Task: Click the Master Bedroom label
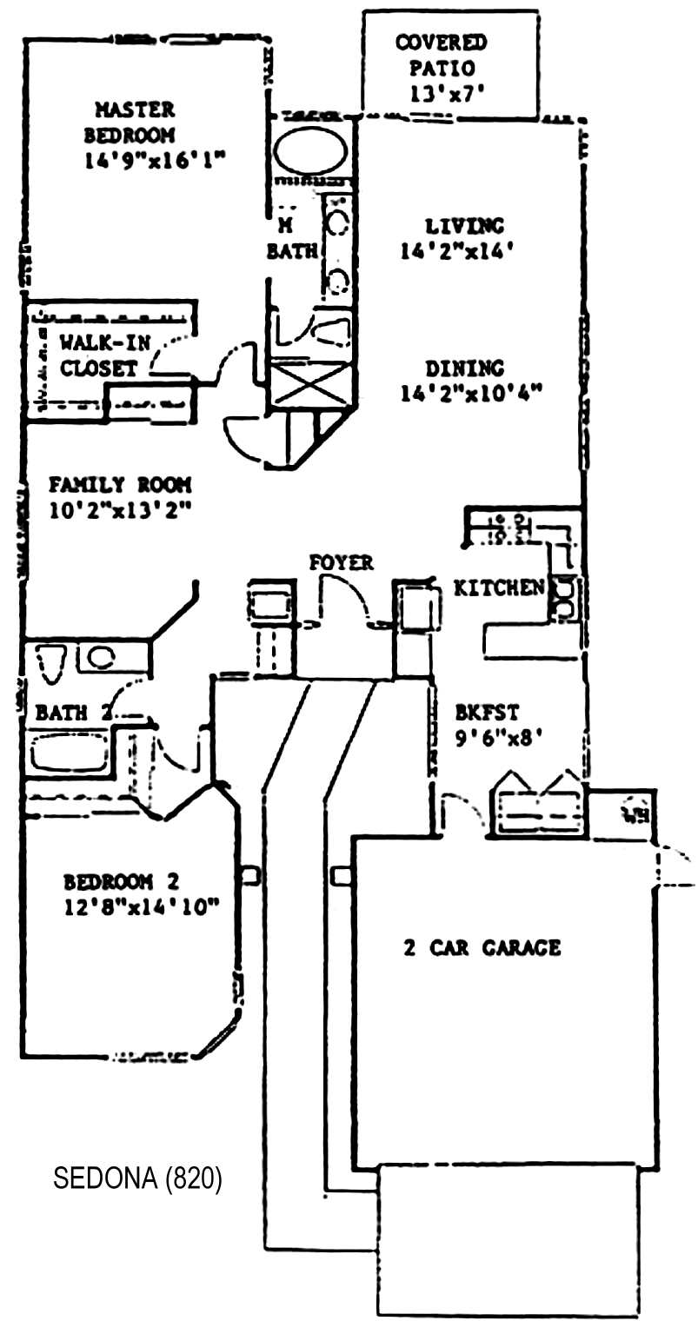click(134, 123)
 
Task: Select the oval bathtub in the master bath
click(310, 151)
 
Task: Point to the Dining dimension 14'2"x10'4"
click(471, 393)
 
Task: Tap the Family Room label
click(120, 485)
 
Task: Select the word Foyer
click(342, 563)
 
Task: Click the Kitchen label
click(499, 588)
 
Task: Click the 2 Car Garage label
click(482, 947)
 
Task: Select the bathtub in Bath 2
click(70, 753)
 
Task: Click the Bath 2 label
click(73, 713)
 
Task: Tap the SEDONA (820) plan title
click(137, 1178)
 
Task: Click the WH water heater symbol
click(634, 814)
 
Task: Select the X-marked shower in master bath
click(311, 383)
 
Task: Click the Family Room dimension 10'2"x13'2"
click(120, 510)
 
